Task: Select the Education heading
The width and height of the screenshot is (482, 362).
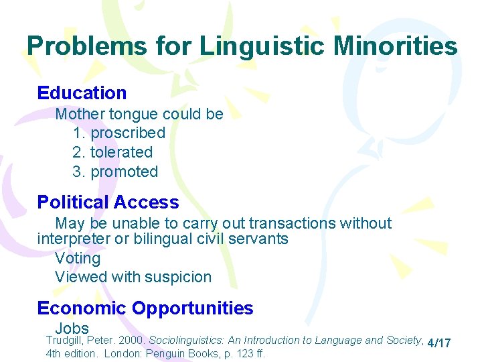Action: pyautogui.click(x=82, y=93)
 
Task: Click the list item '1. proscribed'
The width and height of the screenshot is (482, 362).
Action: pyautogui.click(x=118, y=133)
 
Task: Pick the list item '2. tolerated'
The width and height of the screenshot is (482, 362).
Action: pyautogui.click(x=112, y=152)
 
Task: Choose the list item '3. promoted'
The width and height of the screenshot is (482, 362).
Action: pyautogui.click(x=115, y=172)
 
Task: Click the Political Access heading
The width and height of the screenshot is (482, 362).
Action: pyautogui.click(x=108, y=202)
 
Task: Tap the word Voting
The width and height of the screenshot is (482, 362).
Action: pyautogui.click(x=78, y=258)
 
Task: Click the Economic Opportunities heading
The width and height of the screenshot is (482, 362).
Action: pyautogui.click(x=145, y=308)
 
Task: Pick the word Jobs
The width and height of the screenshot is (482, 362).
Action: pyautogui.click(x=72, y=328)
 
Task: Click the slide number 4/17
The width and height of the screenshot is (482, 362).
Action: pyautogui.click(x=438, y=343)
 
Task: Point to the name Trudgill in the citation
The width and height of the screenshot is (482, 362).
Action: pyautogui.click(x=64, y=341)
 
